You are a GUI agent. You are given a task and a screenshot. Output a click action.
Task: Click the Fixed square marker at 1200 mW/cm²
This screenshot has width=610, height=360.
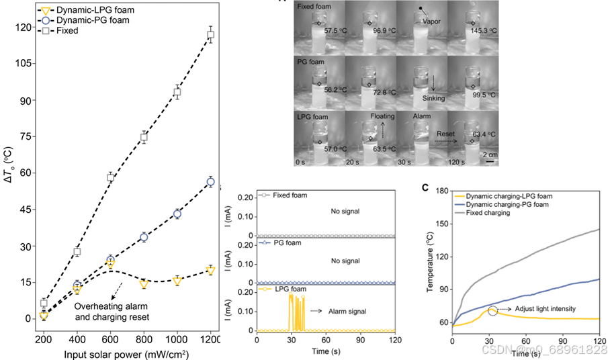pyautogui.click(x=210, y=35)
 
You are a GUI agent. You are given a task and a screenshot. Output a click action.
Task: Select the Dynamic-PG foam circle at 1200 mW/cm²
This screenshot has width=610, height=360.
pyautogui.click(x=210, y=182)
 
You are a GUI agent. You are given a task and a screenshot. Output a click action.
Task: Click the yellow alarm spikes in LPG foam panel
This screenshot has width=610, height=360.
pyautogui.click(x=296, y=312)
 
